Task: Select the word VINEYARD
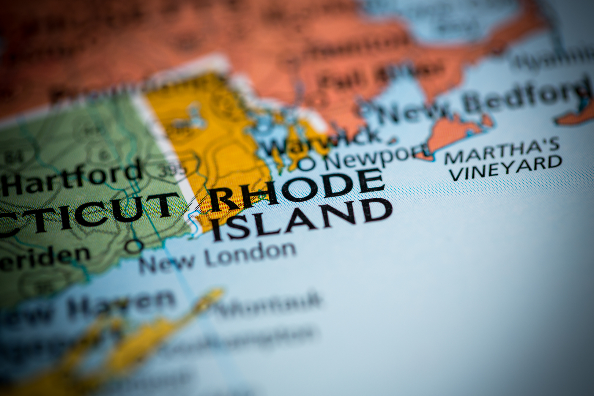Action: point(505,169)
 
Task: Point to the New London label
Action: point(217,257)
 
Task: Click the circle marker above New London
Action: point(134,246)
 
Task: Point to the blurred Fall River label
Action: point(380,74)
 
